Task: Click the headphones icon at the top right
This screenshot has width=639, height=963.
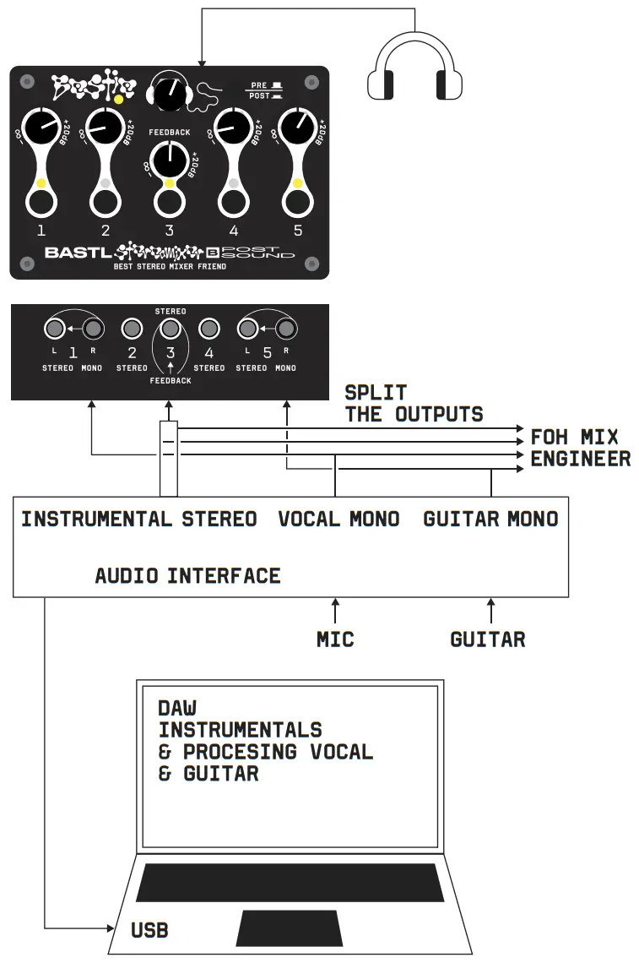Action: tap(414, 75)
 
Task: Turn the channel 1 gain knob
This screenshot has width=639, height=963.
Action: tap(40, 129)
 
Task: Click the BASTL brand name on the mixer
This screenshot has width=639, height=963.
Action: tap(77, 252)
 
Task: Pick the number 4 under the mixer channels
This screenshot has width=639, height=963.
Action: tap(233, 230)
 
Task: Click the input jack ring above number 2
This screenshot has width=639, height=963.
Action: tap(105, 201)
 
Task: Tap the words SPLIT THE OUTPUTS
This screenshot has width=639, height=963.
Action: tap(414, 403)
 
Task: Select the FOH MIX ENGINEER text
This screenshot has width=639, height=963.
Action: tap(580, 448)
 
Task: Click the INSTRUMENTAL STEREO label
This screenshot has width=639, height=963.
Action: tap(139, 519)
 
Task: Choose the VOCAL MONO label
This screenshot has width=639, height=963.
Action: tap(338, 519)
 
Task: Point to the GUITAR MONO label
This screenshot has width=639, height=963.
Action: tap(490, 519)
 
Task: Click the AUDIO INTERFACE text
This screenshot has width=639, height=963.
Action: tap(187, 576)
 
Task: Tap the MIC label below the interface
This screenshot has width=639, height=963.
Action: tap(335, 639)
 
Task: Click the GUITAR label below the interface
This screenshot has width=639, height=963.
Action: tap(488, 639)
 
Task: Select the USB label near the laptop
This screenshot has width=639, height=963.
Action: tap(149, 930)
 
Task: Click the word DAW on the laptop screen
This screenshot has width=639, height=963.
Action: tap(177, 707)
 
